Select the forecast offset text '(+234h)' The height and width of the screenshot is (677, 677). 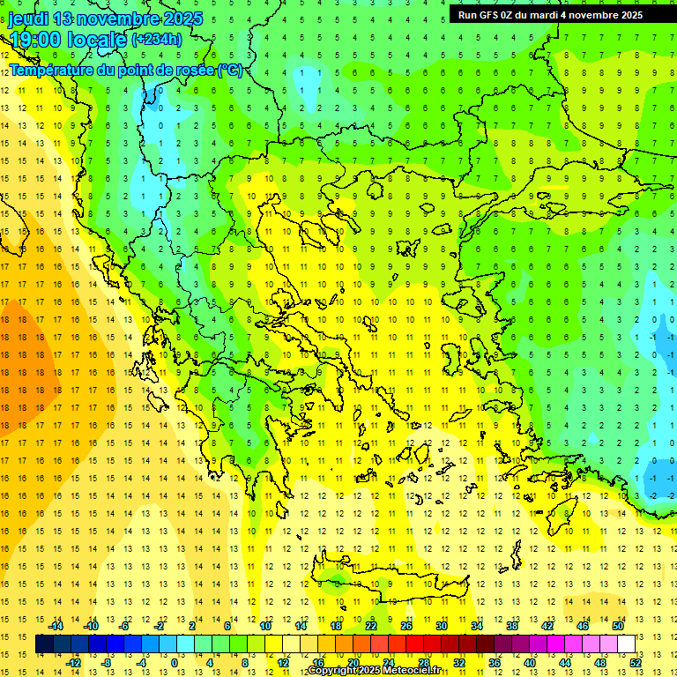(x=157, y=39)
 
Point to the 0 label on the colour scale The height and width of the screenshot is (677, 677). (x=174, y=663)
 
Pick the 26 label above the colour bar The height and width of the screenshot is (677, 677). (x=406, y=626)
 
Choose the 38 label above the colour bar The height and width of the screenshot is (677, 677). (x=512, y=626)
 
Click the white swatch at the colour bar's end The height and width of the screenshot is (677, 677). (x=626, y=644)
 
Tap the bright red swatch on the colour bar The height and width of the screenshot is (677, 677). (x=414, y=644)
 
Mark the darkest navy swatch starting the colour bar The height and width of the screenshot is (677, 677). (x=44, y=644)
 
